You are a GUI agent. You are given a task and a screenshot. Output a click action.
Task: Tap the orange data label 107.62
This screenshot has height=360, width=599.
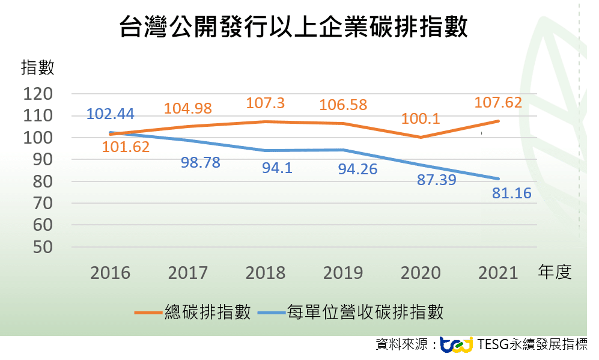point(498,102)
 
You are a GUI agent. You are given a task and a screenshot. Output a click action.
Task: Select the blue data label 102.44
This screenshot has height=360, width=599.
point(111,114)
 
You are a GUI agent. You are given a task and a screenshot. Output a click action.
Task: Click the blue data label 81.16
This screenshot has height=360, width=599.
point(512,194)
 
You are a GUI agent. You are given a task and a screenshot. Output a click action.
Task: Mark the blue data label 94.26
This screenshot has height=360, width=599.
point(357,169)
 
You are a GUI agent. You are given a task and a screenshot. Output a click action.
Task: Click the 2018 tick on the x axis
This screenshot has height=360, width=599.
point(266,273)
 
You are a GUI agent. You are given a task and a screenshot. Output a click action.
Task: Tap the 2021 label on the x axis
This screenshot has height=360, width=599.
point(498,273)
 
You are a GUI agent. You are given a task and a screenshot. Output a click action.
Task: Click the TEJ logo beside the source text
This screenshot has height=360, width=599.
point(457,344)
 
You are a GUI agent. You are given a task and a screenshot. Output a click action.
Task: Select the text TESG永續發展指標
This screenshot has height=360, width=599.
point(533,344)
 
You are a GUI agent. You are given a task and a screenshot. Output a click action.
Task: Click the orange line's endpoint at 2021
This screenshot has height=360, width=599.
point(498,121)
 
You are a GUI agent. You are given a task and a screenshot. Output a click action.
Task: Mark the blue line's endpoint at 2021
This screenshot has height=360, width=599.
point(498,178)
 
